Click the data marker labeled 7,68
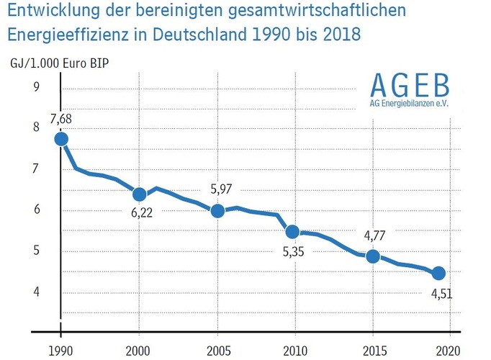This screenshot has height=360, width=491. point(61,139)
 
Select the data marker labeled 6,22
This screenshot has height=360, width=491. point(140,194)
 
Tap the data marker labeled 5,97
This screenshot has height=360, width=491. point(217,211)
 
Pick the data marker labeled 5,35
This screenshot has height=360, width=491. point(293,232)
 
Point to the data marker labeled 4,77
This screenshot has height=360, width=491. point(372,256)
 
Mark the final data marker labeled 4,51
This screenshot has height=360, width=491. point(438,273)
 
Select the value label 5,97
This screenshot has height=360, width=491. point(221,189)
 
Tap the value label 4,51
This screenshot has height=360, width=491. point(441,294)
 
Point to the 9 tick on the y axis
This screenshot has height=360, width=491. point(36,88)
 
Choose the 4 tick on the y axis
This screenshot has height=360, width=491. point(36,292)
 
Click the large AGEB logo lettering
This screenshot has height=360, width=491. point(409,86)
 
